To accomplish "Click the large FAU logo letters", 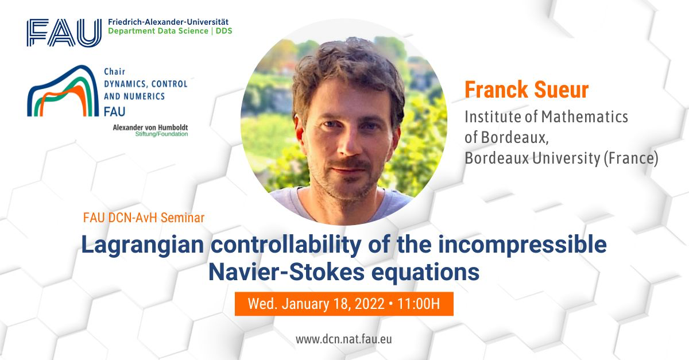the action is coord(64,33).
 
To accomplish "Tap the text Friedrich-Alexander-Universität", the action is coord(168,22).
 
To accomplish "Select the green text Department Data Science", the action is coord(158,31).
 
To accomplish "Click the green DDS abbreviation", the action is coord(224,31).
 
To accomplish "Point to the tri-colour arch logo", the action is coord(63,91).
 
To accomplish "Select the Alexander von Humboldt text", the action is coord(150,127).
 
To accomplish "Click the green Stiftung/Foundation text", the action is coord(161,134).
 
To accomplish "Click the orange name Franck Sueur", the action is coord(527,90).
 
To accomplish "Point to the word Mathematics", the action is coord(585,117).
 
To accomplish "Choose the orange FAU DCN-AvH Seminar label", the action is coord(144,218).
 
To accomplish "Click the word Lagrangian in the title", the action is coord(143,246).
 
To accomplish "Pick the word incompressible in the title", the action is coord(522,246).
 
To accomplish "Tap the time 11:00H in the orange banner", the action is coord(419,304).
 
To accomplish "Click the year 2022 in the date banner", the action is coord(370,304).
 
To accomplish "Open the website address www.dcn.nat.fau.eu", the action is coord(344,339).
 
